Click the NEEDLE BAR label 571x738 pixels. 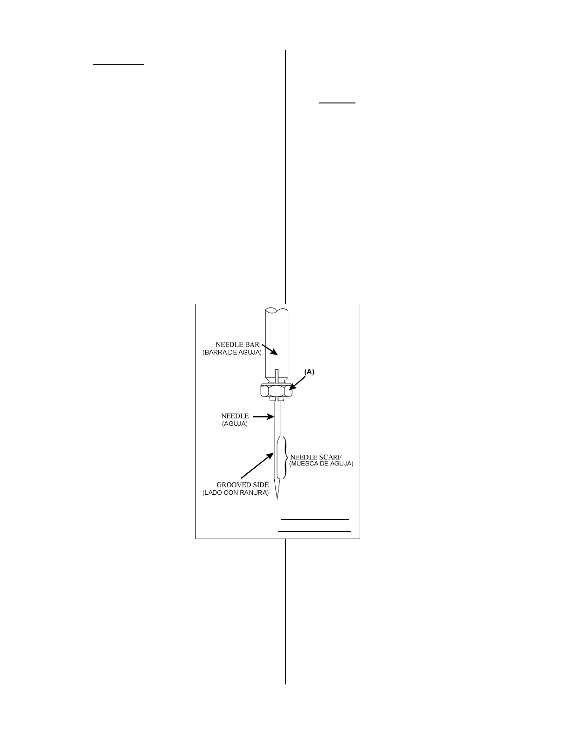tap(237, 345)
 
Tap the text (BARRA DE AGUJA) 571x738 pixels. tap(232, 353)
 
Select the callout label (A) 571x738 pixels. tap(310, 372)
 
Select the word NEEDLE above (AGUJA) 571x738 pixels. tap(235, 416)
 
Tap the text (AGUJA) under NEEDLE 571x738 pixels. tap(235, 424)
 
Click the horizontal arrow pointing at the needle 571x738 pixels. tap(264, 417)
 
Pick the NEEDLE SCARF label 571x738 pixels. tap(315, 457)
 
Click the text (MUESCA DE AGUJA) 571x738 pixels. tap(321, 464)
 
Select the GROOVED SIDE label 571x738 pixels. tap(242, 485)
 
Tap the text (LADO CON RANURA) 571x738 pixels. tap(236, 493)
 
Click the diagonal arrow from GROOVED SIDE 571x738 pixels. tap(257, 465)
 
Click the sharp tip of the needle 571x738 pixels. tap(278, 498)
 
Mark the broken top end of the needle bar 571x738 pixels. tap(277, 310)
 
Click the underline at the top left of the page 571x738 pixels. tap(118, 65)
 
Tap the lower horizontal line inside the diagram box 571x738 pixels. tap(314, 531)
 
